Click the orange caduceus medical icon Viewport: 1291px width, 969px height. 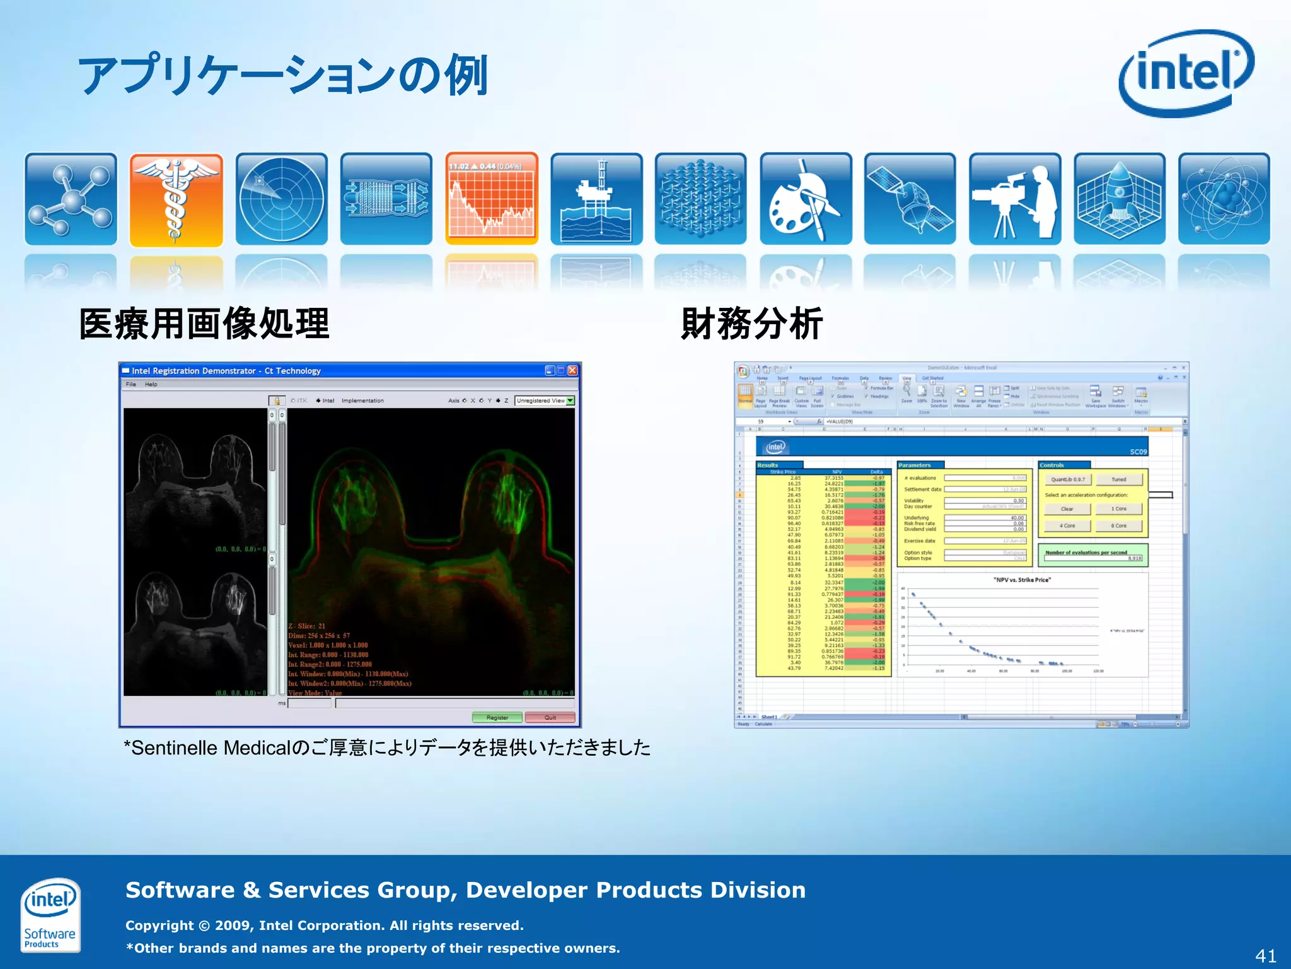pos(176,199)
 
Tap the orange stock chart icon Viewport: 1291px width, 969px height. pos(492,199)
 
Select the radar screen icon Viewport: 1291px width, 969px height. pos(281,199)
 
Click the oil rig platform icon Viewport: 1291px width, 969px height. pos(596,199)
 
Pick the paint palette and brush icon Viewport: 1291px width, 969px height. pos(806,199)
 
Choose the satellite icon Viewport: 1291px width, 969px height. pos(910,199)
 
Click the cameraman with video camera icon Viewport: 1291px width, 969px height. pos(1015,199)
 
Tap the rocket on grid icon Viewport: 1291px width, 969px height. pos(1119,199)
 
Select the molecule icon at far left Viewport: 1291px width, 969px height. pos(71,199)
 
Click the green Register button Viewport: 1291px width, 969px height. pos(497,717)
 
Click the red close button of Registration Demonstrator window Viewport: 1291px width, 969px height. pos(572,370)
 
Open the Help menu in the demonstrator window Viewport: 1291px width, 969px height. pos(151,384)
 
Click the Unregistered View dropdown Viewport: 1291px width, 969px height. pos(545,401)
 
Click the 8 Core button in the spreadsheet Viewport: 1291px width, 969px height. pos(1118,526)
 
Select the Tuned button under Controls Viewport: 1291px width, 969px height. pos(1118,479)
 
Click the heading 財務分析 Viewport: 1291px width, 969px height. pos(751,324)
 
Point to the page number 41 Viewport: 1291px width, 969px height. pos(1265,955)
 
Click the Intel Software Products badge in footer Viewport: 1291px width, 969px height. pos(50,915)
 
